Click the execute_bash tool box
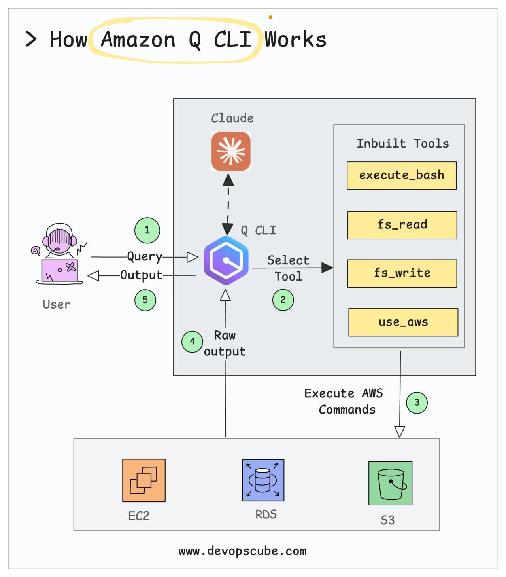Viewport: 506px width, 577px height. tap(402, 175)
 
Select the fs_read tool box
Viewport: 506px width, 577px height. tap(402, 225)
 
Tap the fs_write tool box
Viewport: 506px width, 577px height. tap(402, 273)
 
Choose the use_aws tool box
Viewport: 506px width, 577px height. tap(403, 322)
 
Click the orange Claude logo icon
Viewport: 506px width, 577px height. tap(231, 151)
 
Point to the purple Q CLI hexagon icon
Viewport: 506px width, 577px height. tap(226, 260)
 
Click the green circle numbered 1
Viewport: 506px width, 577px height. tap(147, 230)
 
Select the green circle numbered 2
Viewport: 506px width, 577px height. tap(283, 300)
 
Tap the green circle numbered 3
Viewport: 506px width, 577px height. tap(417, 402)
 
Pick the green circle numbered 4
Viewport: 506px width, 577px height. tap(192, 342)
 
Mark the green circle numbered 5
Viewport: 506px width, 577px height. tap(145, 300)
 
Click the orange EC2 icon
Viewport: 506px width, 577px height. tap(144, 480)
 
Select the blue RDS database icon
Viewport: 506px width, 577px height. tap(263, 480)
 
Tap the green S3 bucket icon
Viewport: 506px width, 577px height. tap(390, 483)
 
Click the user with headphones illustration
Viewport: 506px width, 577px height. tap(59, 253)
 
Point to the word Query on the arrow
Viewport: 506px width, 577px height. tap(145, 257)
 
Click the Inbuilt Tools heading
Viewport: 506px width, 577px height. tap(402, 143)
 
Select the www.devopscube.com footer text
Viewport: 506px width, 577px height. tap(242, 551)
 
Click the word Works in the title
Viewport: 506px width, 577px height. tap(295, 40)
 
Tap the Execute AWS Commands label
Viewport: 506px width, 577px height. tap(344, 401)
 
